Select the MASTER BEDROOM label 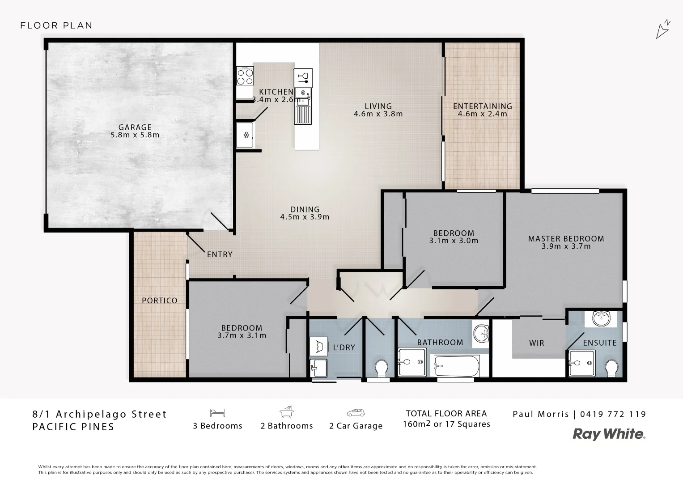coord(566,238)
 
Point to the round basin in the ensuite coord(601,319)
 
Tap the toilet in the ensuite coord(612,369)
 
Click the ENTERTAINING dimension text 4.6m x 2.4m coord(482,114)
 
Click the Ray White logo coord(609,434)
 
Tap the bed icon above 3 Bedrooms coord(217,412)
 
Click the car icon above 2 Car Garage coord(356,412)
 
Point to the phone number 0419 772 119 coord(613,414)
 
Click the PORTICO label coord(160,301)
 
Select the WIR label coord(536,343)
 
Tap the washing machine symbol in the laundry coord(318,346)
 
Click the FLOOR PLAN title coord(56,25)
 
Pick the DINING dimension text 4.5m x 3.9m coord(305,217)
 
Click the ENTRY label coord(220,254)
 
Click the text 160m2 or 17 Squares coord(446,424)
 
